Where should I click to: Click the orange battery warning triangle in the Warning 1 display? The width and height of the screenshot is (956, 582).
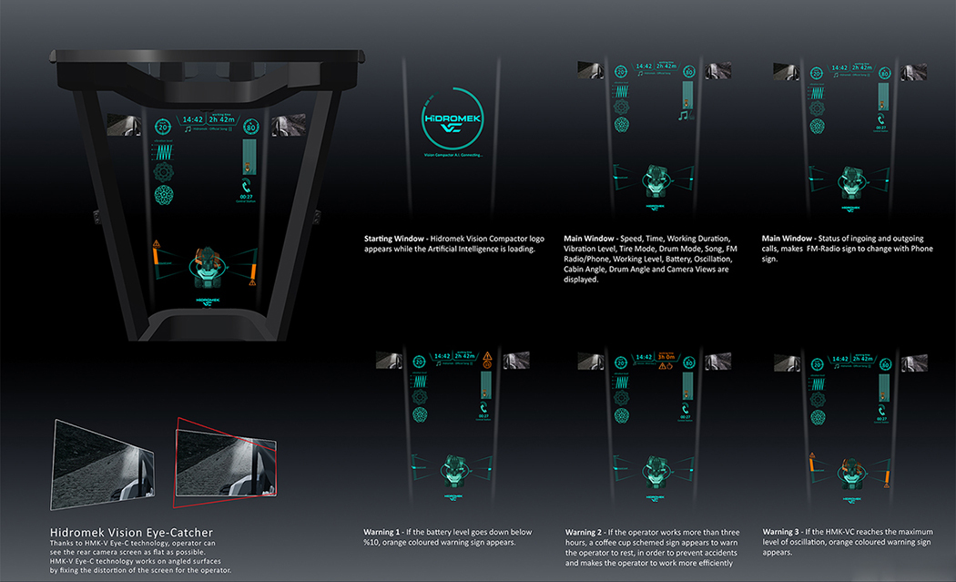pyautogui.click(x=488, y=356)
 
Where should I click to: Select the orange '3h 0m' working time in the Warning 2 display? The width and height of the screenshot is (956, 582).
pyautogui.click(x=666, y=357)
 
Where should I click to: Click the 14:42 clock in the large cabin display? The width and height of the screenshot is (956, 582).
pyautogui.click(x=192, y=119)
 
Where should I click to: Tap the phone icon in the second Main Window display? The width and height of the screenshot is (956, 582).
pyautogui.click(x=880, y=120)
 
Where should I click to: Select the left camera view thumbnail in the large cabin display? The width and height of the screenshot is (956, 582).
pyautogui.click(x=120, y=125)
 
